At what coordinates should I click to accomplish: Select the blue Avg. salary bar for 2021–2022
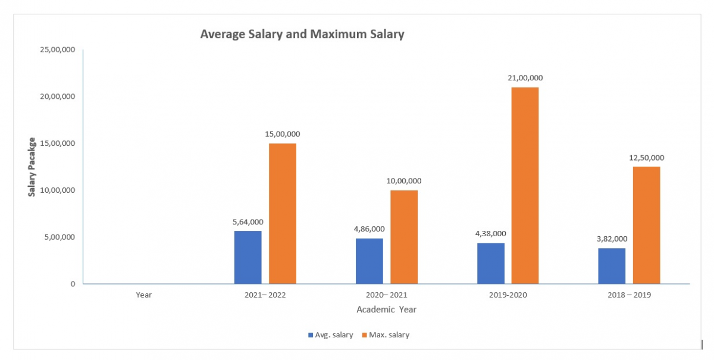(248, 257)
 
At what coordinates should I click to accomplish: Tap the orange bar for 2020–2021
(403, 237)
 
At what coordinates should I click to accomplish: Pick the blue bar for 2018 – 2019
(612, 266)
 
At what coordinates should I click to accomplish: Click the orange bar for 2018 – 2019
(646, 225)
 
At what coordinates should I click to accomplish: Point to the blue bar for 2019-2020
(491, 263)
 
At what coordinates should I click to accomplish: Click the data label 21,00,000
(525, 78)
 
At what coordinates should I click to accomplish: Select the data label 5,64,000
(248, 222)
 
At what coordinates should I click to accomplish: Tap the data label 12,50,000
(646, 158)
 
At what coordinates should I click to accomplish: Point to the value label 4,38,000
(490, 234)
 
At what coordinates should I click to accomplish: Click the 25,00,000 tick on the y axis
(57, 49)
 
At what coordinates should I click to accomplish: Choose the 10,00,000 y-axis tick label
(57, 190)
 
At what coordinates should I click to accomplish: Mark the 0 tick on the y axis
(73, 284)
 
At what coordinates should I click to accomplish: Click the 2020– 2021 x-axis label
(386, 295)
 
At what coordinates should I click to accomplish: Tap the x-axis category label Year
(144, 295)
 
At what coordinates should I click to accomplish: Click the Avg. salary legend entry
(330, 335)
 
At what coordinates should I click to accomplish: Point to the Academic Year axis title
(386, 309)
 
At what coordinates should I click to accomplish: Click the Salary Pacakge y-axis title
(32, 167)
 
